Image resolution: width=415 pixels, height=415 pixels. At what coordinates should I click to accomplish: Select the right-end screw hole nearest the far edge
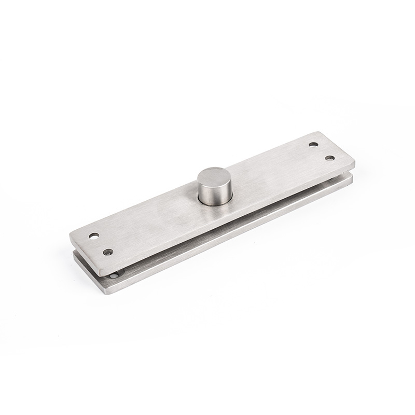pyautogui.click(x=313, y=145)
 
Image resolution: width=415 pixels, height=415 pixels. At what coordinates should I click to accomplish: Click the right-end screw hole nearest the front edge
pyautogui.click(x=329, y=158)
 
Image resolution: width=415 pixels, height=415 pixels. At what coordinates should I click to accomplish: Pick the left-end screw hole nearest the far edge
pyautogui.click(x=94, y=236)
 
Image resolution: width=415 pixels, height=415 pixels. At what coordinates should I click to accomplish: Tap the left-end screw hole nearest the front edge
pyautogui.click(x=108, y=252)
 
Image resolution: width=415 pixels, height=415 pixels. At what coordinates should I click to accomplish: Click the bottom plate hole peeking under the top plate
pyautogui.click(x=114, y=274)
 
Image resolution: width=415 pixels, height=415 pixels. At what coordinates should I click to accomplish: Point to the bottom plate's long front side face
pyautogui.click(x=233, y=241)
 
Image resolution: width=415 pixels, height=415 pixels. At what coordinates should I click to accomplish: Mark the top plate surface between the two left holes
pyautogui.click(x=101, y=244)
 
